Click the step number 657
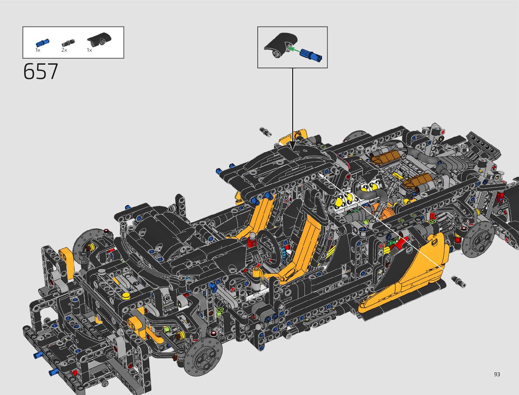41,71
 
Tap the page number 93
497,374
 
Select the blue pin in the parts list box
42,43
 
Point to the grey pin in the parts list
68,43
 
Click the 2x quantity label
64,50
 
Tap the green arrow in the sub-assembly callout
294,49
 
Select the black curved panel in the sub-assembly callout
281,44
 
